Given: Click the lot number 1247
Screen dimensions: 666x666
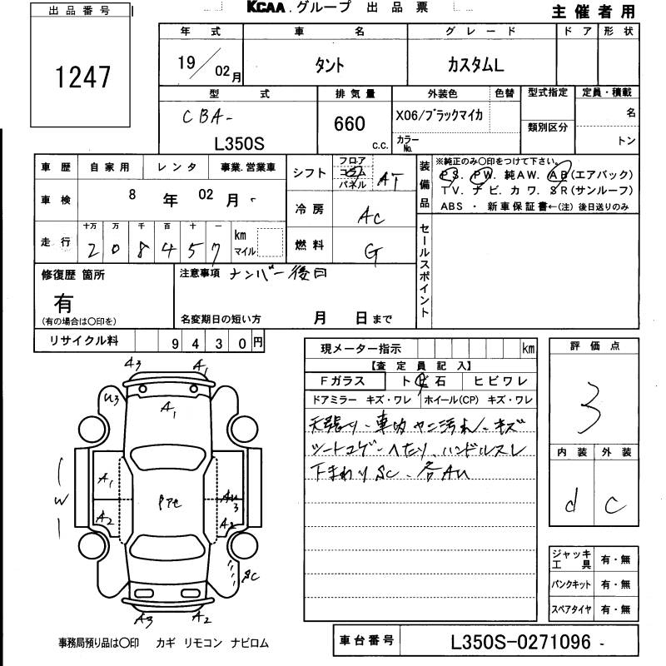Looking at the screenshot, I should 82,77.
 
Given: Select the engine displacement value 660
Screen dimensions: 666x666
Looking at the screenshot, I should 350,124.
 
